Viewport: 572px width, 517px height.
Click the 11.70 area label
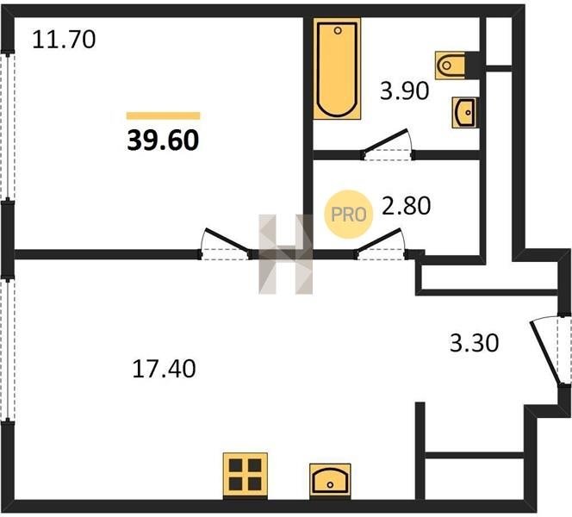pyautogui.click(x=64, y=40)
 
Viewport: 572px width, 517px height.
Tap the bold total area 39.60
pyautogui.click(x=163, y=140)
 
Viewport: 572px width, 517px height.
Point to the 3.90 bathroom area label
pyautogui.click(x=404, y=90)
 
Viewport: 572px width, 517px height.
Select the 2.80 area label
pyautogui.click(x=406, y=205)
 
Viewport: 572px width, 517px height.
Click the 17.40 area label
pyautogui.click(x=164, y=369)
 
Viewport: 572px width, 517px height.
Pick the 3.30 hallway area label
pyautogui.click(x=475, y=343)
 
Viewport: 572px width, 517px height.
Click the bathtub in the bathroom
pyautogui.click(x=337, y=69)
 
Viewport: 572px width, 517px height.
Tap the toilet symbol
pyautogui.click(x=451, y=65)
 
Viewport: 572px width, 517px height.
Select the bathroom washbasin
pyautogui.click(x=463, y=113)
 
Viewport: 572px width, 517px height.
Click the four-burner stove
pyautogui.click(x=246, y=475)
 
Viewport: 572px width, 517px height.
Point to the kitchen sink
pyautogui.click(x=330, y=480)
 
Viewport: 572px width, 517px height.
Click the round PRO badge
pyautogui.click(x=348, y=215)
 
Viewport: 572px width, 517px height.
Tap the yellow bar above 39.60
pyautogui.click(x=163, y=116)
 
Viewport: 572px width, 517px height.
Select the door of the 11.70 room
pyautogui.click(x=225, y=244)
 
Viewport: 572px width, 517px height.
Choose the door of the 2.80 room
pyautogui.click(x=381, y=244)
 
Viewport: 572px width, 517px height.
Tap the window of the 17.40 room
pyautogui.click(x=7, y=350)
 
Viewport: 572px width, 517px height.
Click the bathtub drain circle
pyautogui.click(x=338, y=31)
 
